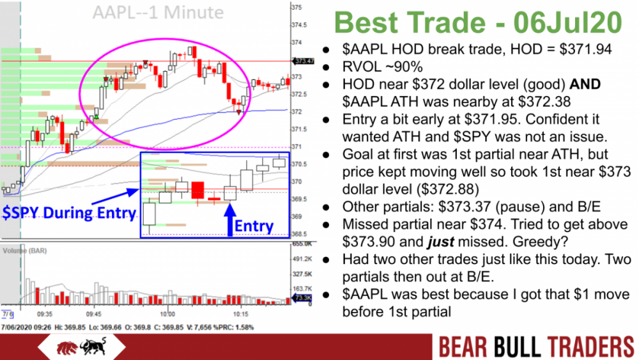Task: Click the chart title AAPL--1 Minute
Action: pos(157,12)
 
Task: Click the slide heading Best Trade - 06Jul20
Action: pos(477,23)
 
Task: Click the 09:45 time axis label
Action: pos(93,315)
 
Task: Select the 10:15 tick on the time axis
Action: pos(242,315)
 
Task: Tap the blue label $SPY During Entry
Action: pos(69,213)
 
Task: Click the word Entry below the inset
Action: pos(254,226)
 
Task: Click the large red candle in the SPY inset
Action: pos(197,190)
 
